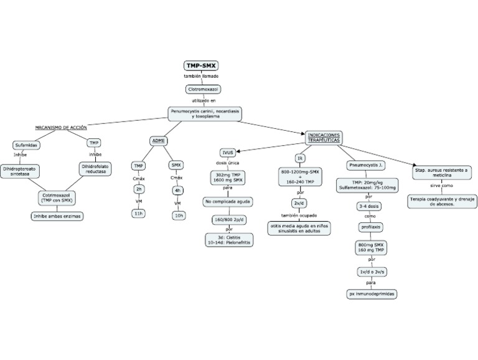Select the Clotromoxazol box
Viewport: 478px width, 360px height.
[x=202, y=89]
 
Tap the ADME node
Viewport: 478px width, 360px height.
[x=158, y=141]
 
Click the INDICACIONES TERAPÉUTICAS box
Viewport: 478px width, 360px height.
[x=324, y=138]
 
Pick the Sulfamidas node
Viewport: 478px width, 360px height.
[x=26, y=144]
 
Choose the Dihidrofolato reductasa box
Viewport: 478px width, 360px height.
[x=95, y=169]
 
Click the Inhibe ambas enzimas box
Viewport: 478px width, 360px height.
[x=57, y=216]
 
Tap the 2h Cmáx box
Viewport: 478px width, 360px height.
[x=139, y=189]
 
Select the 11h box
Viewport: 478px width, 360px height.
[x=139, y=214]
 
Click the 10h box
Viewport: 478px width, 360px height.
[x=179, y=215]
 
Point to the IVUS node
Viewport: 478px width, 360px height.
[x=227, y=152]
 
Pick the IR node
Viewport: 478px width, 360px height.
[x=300, y=158]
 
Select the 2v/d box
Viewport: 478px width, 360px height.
[x=301, y=203]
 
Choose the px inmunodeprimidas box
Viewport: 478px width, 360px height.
[x=372, y=293]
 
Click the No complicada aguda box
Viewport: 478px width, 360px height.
[x=227, y=202]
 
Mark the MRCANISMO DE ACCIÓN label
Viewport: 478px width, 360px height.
[x=61, y=126]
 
